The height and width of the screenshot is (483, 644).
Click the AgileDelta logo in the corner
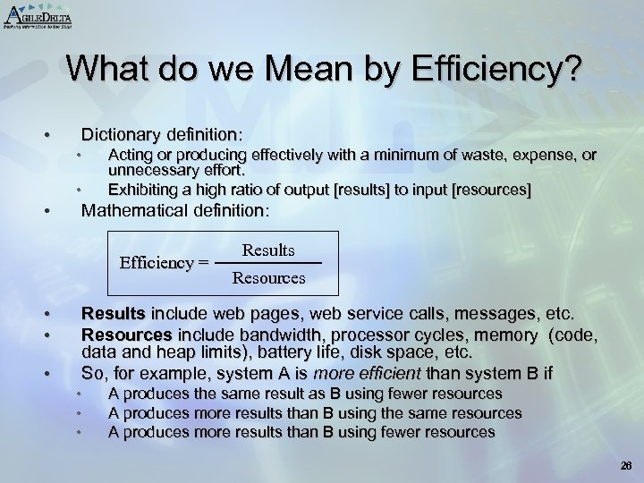[38, 15]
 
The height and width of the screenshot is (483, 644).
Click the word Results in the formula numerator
[268, 250]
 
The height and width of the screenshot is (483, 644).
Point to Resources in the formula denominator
[268, 278]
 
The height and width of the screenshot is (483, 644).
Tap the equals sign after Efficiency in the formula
[203, 263]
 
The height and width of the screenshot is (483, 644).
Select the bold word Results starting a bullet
[113, 314]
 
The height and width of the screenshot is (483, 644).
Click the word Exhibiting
[142, 189]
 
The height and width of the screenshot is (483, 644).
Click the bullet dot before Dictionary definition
[47, 135]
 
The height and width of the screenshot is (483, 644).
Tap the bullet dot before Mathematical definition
[47, 213]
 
